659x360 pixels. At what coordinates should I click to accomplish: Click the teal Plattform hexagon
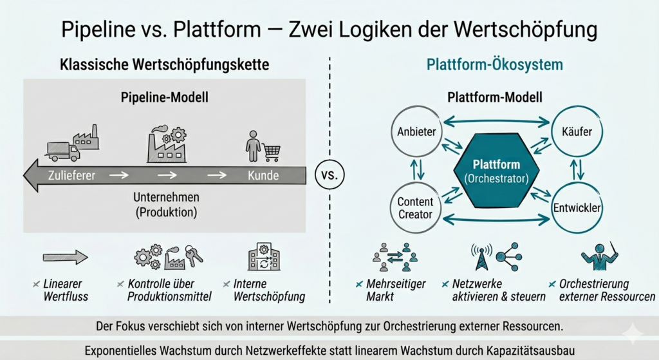point(496,171)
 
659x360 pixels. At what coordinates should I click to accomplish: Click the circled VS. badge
point(329,175)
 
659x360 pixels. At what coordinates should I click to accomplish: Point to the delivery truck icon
point(63,151)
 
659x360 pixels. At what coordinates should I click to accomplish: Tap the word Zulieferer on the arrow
point(71,175)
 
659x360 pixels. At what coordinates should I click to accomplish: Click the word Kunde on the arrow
point(263,175)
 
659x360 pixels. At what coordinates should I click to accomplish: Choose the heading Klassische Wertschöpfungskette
point(164,65)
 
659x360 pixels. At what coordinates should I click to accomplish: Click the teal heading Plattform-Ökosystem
point(495,65)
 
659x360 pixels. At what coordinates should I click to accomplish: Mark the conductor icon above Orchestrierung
point(600,256)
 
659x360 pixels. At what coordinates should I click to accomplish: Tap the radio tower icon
point(481,256)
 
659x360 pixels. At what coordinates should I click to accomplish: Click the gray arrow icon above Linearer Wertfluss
point(66,257)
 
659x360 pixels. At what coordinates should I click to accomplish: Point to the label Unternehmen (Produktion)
point(167,204)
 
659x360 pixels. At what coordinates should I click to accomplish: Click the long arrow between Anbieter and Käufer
point(496,122)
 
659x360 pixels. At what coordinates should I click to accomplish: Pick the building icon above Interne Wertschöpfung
point(264,256)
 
